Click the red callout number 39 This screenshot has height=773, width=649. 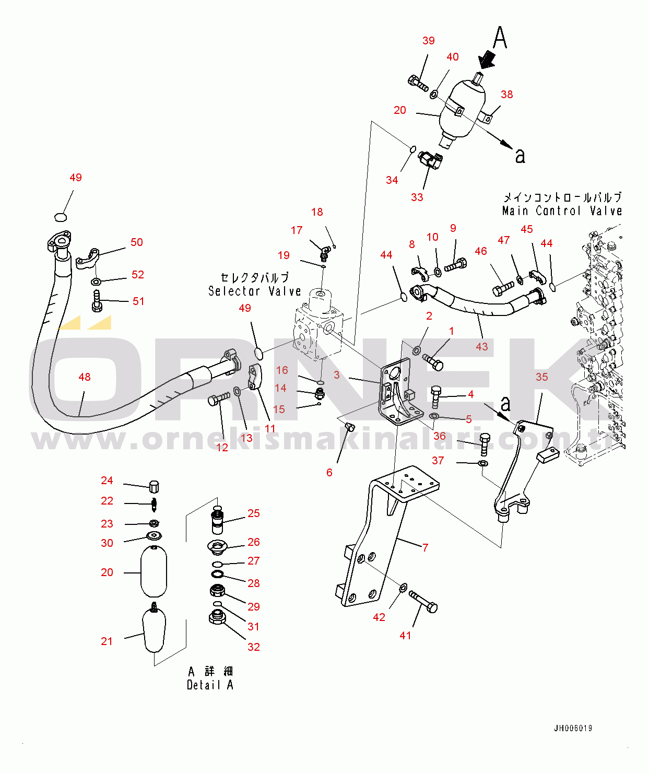[x=428, y=41]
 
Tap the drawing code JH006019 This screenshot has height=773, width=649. [x=573, y=728]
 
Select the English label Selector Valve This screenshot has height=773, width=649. [x=254, y=291]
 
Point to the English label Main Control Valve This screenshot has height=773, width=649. [x=562, y=211]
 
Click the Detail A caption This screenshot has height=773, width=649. [x=210, y=685]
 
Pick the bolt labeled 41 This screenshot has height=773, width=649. [x=423, y=602]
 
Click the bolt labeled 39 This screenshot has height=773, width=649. [x=418, y=83]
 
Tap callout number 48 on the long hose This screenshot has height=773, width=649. [x=84, y=377]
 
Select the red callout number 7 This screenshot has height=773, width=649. [x=425, y=547]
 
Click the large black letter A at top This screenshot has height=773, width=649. [x=500, y=38]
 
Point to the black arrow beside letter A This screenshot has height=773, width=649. [x=487, y=59]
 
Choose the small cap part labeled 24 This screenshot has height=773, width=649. [x=154, y=486]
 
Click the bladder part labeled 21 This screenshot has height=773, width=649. [x=154, y=631]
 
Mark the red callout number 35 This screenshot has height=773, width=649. [x=541, y=377]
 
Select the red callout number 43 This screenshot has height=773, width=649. [x=481, y=347]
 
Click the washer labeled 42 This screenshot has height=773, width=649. [x=403, y=589]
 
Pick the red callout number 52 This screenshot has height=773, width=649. [x=138, y=275]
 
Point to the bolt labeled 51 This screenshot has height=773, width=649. [x=97, y=301]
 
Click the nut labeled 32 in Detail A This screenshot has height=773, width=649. [x=217, y=617]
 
